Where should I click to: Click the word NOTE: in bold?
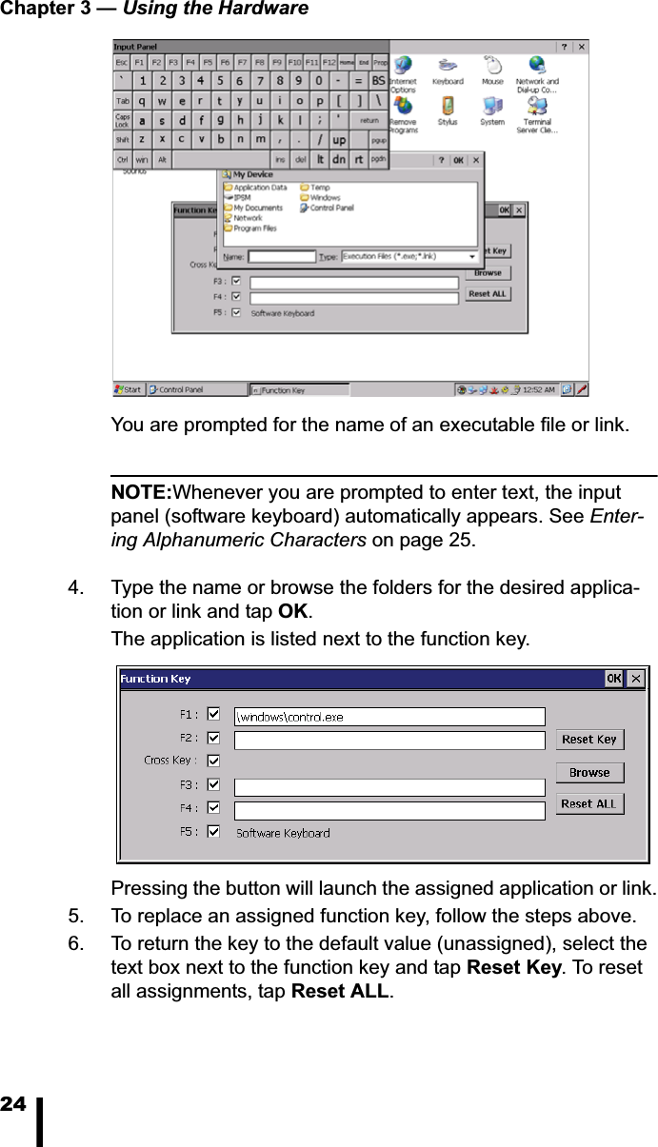coord(141,493)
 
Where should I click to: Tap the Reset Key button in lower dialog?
coord(589,740)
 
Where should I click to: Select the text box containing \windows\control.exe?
coord(389,717)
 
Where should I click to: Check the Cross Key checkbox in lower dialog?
coord(213,761)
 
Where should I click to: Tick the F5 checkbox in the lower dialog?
coord(213,832)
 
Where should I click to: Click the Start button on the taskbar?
coord(129,389)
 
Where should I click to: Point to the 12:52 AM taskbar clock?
coord(538,389)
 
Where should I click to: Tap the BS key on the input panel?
coord(378,81)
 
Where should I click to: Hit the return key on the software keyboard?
coord(369,121)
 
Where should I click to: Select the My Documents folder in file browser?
coord(257,208)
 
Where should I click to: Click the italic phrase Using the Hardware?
coord(216,9)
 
